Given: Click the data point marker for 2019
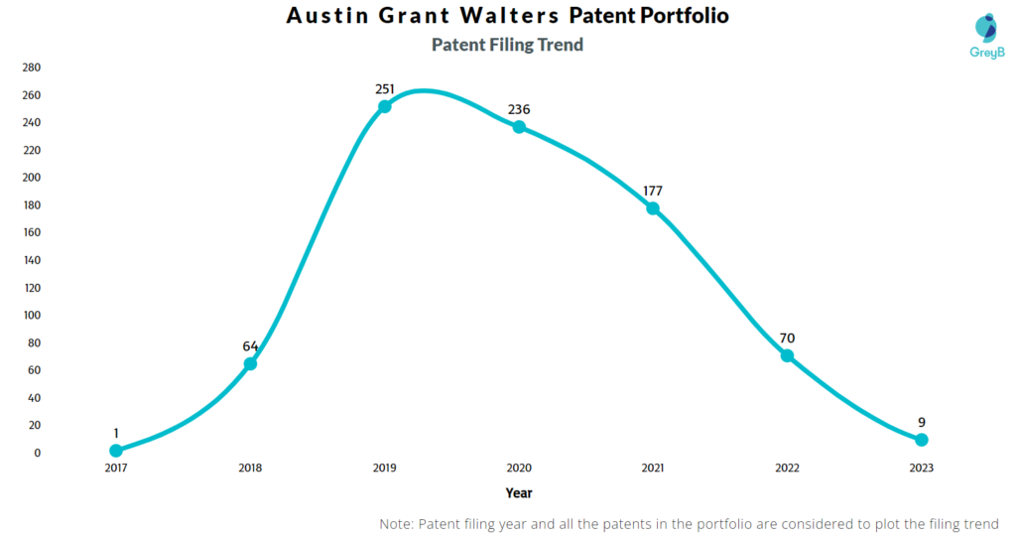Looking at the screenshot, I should pos(385,106).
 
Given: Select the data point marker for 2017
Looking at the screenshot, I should pos(116,451).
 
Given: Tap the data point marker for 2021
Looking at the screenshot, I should pos(653,208).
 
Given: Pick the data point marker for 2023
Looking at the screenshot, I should pos(922,440).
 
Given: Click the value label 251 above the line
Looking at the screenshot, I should pos(385,88).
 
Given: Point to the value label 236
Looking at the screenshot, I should pos(519,109).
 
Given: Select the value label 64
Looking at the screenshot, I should pos(250,346).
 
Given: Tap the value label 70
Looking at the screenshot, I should pos(787,338).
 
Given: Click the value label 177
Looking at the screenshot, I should pos(653,191).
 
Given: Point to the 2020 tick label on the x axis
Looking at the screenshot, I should pos(519,468).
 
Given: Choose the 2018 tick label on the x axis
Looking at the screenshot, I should pos(250,468).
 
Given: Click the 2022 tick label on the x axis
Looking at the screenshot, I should pos(787,468).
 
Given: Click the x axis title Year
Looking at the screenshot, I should pos(519,491).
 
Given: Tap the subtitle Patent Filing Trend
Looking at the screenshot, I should pos(507,45).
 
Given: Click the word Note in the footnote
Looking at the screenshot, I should pos(398,523).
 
